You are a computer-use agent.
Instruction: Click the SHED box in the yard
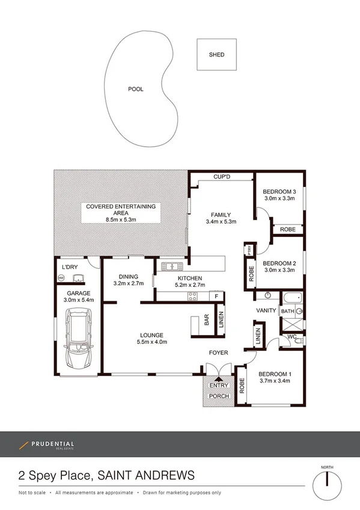tap(216, 55)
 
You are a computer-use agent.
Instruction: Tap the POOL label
tap(136, 89)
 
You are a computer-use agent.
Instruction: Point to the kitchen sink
tap(171, 266)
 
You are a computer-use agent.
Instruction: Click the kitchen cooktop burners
tap(192, 296)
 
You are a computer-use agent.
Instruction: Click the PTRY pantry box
tap(248, 250)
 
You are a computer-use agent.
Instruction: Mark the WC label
tap(292, 337)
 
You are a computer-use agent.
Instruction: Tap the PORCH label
tap(219, 396)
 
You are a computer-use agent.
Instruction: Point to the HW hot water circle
tap(61, 277)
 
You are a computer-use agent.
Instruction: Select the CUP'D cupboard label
tap(224, 177)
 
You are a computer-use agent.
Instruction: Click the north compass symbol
tap(327, 480)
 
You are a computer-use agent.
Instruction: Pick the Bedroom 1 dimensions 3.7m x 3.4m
tap(275, 380)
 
